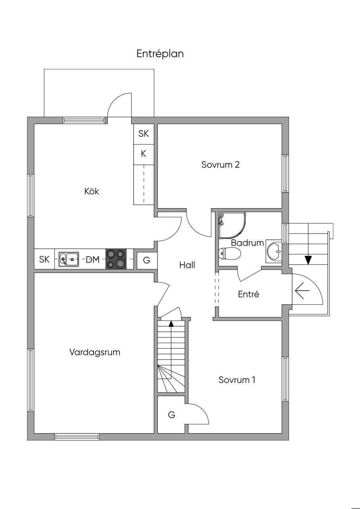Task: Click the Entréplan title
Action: [160, 54]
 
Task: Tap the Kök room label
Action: [92, 191]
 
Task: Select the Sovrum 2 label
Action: [220, 165]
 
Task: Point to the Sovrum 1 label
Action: [237, 380]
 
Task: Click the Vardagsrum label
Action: [95, 352]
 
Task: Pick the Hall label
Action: [187, 265]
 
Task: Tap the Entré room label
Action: [249, 294]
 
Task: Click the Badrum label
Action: [247, 243]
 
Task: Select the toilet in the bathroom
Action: [229, 253]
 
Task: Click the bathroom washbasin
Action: [274, 251]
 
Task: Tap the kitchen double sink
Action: [69, 259]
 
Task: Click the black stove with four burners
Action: [116, 259]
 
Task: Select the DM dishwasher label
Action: [93, 260]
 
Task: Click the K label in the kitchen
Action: [143, 154]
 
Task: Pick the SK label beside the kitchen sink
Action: [44, 259]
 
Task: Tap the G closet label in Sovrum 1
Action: [172, 415]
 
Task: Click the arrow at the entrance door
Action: [302, 291]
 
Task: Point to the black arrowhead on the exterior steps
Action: [308, 260]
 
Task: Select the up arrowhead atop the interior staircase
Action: [171, 323]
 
